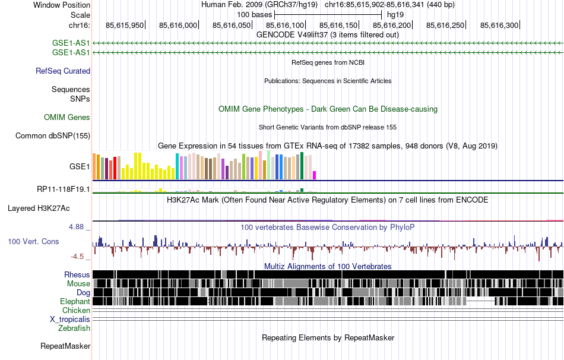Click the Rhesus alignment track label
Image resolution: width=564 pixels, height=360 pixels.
click(x=77, y=275)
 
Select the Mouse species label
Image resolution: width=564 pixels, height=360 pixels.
click(x=78, y=284)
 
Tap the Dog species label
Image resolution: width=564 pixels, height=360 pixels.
click(x=83, y=293)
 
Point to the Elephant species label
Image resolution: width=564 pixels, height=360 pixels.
click(x=74, y=302)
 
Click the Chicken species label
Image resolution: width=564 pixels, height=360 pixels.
click(x=77, y=311)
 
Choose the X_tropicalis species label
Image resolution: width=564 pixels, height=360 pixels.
click(x=70, y=320)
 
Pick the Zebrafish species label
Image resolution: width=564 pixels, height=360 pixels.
click(x=74, y=328)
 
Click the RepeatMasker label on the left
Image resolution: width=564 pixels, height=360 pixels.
click(x=65, y=346)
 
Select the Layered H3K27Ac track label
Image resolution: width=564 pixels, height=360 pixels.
click(x=39, y=209)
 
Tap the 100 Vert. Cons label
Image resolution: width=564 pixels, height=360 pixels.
click(x=33, y=241)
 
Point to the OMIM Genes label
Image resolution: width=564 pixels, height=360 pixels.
click(x=67, y=118)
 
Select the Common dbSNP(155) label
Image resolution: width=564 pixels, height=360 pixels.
click(x=53, y=136)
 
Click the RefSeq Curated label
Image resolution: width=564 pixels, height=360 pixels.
click(x=63, y=71)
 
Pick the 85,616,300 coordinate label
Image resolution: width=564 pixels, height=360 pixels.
click(x=499, y=26)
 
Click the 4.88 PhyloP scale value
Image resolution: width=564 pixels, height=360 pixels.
click(x=79, y=227)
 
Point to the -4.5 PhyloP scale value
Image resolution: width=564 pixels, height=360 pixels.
click(x=80, y=257)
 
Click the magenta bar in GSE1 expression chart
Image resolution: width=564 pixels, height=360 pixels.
click(x=315, y=175)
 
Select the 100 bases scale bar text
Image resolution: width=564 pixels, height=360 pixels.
click(x=255, y=14)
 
